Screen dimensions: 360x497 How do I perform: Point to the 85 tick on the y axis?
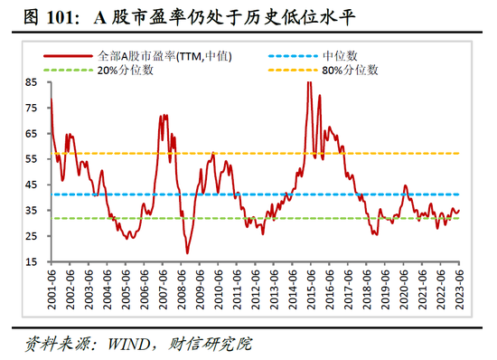(x=32, y=81)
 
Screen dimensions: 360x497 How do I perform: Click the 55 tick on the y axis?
(x=32, y=158)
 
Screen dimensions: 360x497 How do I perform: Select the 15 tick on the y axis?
(x=32, y=262)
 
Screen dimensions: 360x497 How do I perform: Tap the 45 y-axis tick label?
(x=32, y=185)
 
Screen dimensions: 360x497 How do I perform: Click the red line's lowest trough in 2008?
(x=187, y=252)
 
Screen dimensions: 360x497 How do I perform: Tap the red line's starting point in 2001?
(x=51, y=98)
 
